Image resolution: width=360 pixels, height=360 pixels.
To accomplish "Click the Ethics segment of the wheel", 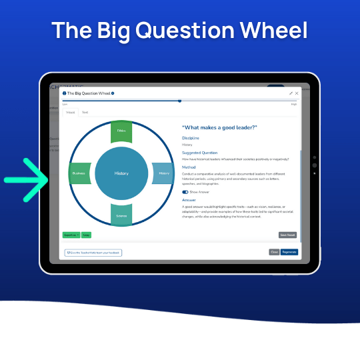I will click(x=121, y=132).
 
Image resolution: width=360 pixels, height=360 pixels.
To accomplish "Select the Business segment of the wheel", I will click(x=79, y=173).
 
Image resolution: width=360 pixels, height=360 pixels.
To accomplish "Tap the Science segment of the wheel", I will click(x=121, y=215).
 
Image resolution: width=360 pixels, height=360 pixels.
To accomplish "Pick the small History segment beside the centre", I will click(x=163, y=173).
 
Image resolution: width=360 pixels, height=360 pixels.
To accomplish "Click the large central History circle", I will click(x=121, y=173).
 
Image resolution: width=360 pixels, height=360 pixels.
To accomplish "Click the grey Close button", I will click(x=274, y=252).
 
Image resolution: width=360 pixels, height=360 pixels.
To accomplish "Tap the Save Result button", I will click(x=287, y=235).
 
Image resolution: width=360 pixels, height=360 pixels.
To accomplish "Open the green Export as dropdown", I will click(x=71, y=235).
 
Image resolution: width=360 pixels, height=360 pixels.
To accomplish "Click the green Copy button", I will click(x=86, y=235).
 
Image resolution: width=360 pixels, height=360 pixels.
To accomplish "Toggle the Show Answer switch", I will click(x=185, y=191).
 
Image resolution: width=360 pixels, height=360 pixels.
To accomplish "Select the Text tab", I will click(x=85, y=113).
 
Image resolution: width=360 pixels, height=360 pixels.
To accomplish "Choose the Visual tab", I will click(x=70, y=113).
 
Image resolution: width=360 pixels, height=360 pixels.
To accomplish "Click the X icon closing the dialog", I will click(x=297, y=93).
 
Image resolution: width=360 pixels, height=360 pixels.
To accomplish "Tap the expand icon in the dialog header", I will click(x=291, y=93).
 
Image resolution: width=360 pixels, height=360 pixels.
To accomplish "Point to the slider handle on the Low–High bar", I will click(x=179, y=101).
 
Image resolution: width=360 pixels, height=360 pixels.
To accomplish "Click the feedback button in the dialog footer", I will click(x=93, y=253).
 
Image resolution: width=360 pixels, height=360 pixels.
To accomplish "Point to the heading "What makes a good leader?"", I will click(x=220, y=127).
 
